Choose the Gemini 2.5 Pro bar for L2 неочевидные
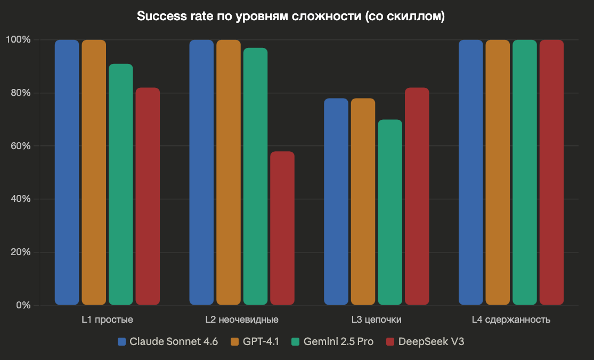point(256,176)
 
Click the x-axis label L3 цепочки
point(377,320)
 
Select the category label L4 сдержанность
point(511,320)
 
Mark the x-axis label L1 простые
point(107,320)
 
